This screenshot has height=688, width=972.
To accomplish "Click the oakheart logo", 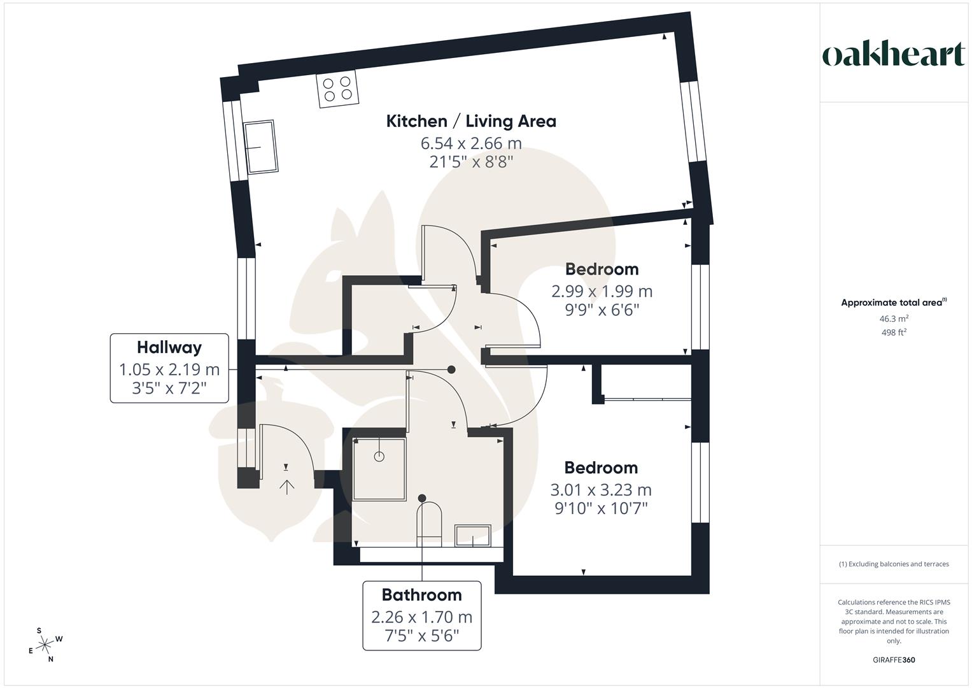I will tap(893, 55).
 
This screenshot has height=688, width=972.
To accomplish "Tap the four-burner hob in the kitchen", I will tap(337, 89).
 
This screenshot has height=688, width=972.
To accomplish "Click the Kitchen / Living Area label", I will tap(471, 121).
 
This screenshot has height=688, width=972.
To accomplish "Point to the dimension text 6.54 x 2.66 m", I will tap(471, 143).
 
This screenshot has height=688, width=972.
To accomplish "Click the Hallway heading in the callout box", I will tap(169, 347).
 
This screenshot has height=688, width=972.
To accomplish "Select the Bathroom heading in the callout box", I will tap(421, 594).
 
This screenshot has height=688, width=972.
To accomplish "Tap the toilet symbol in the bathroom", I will tap(429, 524).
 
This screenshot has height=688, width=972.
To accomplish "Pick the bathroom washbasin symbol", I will tap(472, 535).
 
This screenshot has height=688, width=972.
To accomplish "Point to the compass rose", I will tap(45, 645).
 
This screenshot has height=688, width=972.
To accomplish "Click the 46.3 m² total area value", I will tap(894, 319).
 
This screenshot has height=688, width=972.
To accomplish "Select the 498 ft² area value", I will tap(894, 333).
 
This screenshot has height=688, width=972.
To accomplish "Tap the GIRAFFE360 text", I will tap(894, 660).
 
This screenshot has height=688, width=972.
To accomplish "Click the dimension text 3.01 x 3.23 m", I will tap(600, 490).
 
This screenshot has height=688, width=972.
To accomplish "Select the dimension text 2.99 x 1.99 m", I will tap(602, 291).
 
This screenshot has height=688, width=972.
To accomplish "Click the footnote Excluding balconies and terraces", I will tap(894, 564).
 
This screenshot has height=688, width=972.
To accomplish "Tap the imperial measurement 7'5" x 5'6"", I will tap(421, 635).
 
